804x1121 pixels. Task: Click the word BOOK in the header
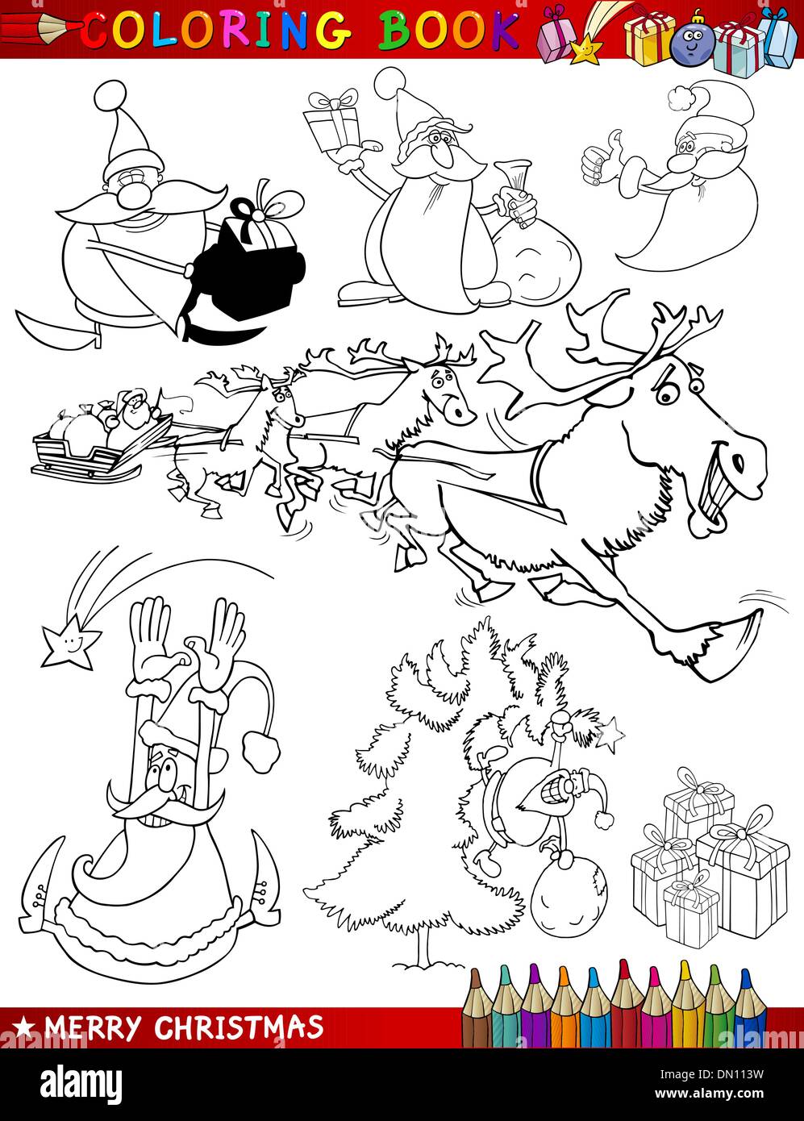pyautogui.click(x=448, y=31)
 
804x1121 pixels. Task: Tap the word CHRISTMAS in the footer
pyautogui.click(x=239, y=1027)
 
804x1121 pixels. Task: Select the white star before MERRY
pyautogui.click(x=26, y=1027)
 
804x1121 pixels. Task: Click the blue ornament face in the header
pyautogui.click(x=688, y=38)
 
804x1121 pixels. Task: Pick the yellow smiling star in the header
pyautogui.click(x=585, y=50)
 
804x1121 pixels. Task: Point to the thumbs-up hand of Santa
pyautogui.click(x=598, y=160)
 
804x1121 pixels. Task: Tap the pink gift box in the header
pyautogui.click(x=556, y=39)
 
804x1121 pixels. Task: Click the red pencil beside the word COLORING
pyautogui.click(x=40, y=29)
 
